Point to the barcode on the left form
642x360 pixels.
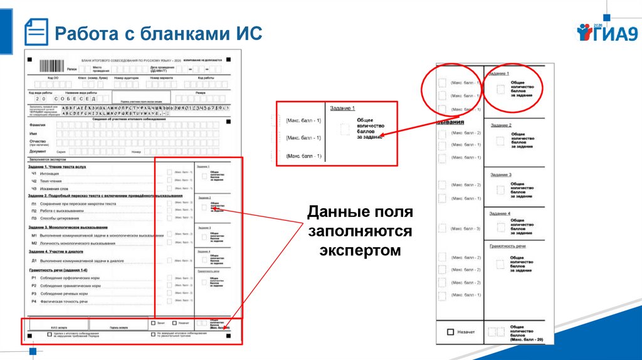point(51,66)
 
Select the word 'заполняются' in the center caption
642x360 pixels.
point(360,231)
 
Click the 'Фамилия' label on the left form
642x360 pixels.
point(38,125)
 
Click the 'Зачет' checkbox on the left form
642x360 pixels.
point(153,323)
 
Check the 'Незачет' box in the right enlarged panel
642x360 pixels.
point(450,332)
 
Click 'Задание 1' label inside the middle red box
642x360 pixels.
point(344,109)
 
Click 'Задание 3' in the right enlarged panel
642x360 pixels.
point(500,174)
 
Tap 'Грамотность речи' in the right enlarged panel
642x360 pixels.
point(508,246)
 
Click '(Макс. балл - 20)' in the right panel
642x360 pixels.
point(521,339)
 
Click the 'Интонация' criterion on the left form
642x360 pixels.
point(50,174)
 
